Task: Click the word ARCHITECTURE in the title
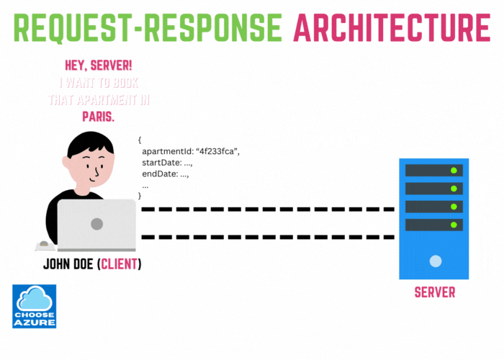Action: click(392, 27)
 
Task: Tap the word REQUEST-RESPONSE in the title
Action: click(148, 27)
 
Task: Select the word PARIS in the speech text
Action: click(99, 116)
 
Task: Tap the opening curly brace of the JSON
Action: click(140, 140)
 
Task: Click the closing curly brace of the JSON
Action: click(140, 196)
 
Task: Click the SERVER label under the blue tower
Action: click(434, 293)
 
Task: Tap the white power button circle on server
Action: click(434, 260)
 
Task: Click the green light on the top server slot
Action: click(454, 171)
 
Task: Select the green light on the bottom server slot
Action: click(454, 225)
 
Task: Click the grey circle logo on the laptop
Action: click(96, 224)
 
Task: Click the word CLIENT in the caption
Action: click(120, 264)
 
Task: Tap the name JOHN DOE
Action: click(68, 264)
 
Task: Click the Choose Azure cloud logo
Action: click(34, 306)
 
